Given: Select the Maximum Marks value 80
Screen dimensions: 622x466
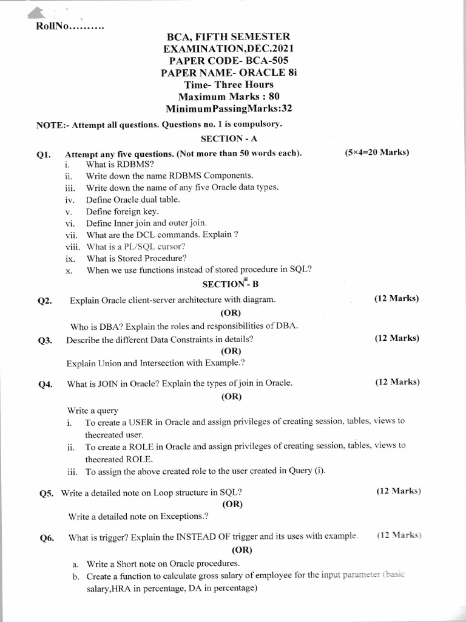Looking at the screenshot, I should (x=274, y=97).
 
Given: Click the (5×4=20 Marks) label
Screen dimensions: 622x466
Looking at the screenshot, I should (x=376, y=152).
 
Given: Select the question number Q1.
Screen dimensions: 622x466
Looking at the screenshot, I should (x=43, y=154).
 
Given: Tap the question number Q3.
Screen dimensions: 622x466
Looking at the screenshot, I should (x=44, y=341).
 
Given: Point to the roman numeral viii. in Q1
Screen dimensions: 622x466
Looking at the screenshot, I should (x=72, y=247).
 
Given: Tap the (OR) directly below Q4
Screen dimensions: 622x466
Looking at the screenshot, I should (x=231, y=396).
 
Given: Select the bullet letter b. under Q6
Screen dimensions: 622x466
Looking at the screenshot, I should (x=76, y=576).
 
